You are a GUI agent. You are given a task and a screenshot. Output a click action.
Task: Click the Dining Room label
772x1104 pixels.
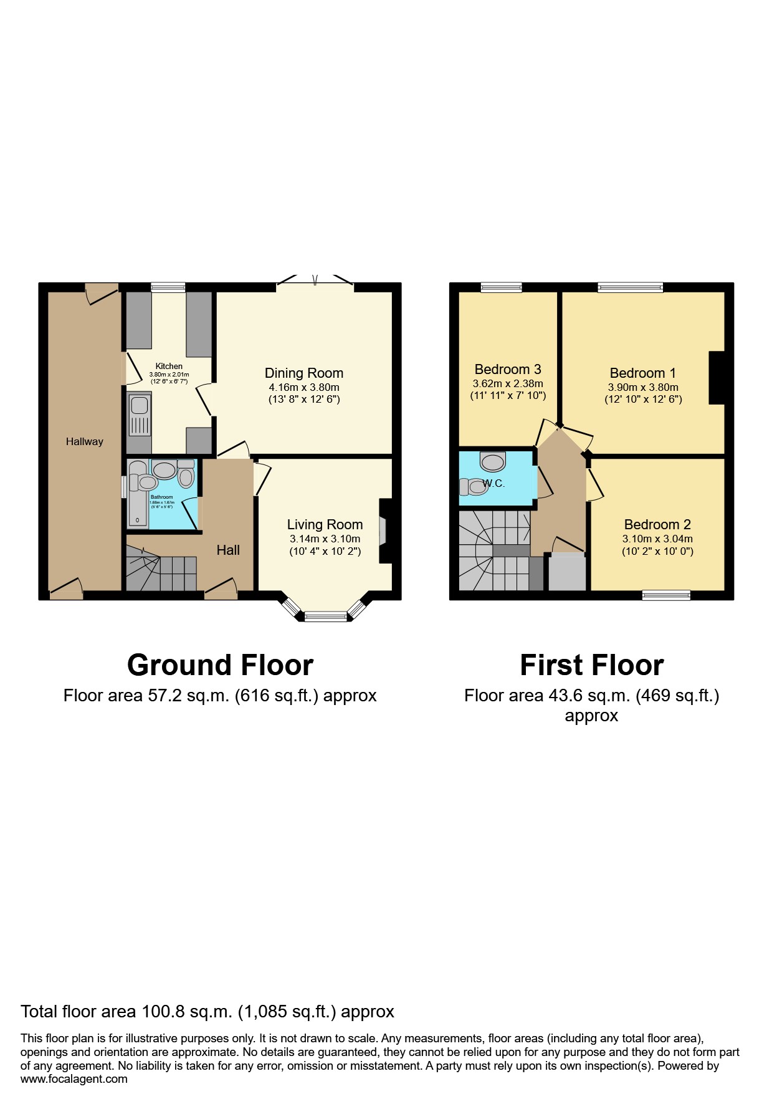click(x=303, y=373)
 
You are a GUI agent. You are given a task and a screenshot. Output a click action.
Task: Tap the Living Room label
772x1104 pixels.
click(x=325, y=524)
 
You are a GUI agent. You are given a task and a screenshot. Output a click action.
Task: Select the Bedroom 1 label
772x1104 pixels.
click(x=642, y=373)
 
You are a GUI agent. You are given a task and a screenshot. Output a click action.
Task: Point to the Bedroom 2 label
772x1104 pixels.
click(x=657, y=524)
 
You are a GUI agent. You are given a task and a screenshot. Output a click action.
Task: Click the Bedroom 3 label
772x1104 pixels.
click(x=507, y=369)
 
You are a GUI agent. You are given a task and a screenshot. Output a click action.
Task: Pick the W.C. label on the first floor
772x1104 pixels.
click(x=493, y=483)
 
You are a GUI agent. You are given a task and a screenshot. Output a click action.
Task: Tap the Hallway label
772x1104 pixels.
click(x=85, y=441)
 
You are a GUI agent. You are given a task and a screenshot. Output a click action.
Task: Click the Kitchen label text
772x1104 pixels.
click(x=169, y=366)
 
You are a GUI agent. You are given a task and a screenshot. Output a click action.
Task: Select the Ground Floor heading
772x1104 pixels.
click(x=220, y=665)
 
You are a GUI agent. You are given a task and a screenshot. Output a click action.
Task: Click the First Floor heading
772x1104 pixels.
click(x=591, y=665)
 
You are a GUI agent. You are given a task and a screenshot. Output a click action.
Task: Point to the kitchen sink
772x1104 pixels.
click(x=139, y=415)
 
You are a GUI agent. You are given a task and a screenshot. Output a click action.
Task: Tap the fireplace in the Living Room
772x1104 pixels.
click(x=384, y=531)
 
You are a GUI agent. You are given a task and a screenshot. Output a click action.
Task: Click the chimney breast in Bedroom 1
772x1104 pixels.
click(x=717, y=378)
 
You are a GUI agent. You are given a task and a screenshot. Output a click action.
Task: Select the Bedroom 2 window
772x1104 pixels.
click(x=666, y=595)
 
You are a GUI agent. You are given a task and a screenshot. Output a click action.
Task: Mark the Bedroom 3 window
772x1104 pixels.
click(x=501, y=287)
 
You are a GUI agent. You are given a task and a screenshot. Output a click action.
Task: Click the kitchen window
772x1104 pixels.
click(x=168, y=287)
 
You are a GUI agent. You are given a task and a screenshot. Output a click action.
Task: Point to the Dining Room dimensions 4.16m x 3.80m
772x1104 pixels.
click(x=303, y=387)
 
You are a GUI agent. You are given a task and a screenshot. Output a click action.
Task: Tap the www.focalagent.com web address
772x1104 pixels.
click(x=74, y=1079)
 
